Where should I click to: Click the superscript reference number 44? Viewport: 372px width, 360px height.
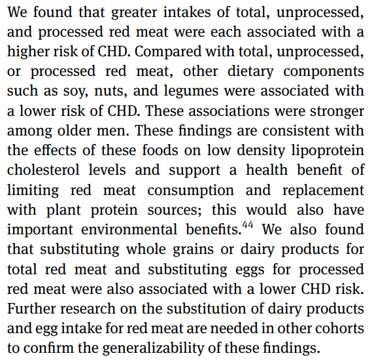click(248, 225)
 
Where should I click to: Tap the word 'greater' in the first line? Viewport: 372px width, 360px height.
click(134, 12)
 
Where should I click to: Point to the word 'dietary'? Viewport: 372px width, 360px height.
click(250, 71)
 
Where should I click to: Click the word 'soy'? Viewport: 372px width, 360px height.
click(75, 92)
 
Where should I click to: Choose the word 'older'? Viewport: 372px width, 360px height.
click(75, 131)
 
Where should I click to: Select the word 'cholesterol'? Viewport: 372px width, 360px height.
click(43, 170)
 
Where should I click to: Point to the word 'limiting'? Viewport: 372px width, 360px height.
click(33, 190)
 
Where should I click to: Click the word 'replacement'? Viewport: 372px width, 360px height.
click(323, 190)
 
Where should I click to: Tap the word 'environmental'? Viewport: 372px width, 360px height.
click(129, 229)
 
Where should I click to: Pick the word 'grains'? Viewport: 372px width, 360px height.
click(193, 250)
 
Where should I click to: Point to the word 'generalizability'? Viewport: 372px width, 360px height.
click(153, 348)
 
